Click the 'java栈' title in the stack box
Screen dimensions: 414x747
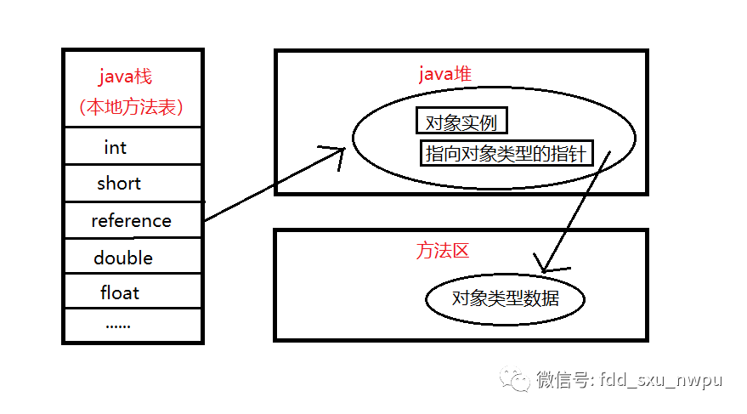125,77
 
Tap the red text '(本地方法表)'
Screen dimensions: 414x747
131,108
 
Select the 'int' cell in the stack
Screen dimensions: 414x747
115,147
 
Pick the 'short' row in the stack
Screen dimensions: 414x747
119,184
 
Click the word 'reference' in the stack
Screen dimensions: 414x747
131,221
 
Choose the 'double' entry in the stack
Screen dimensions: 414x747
123,258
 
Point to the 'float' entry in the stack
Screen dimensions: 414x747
120,293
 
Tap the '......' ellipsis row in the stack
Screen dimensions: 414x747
117,325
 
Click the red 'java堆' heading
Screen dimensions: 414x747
444,75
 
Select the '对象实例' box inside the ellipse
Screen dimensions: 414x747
461,122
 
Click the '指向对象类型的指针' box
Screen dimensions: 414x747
506,154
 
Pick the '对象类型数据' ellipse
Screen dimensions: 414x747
506,299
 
